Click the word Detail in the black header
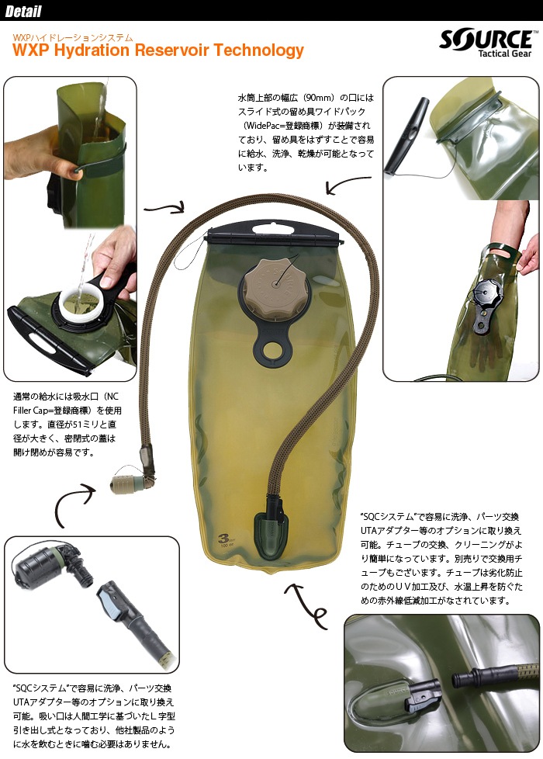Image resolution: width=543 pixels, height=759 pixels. point(23,11)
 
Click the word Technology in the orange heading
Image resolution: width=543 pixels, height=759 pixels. point(258,50)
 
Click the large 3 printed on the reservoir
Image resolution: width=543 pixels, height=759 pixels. point(223,538)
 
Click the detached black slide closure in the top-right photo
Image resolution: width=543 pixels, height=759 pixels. point(406,136)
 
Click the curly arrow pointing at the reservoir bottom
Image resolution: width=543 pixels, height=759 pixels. point(306,605)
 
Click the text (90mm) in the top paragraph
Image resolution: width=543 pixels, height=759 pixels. point(319,98)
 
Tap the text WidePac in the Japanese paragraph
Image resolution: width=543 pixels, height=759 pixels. point(263,126)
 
